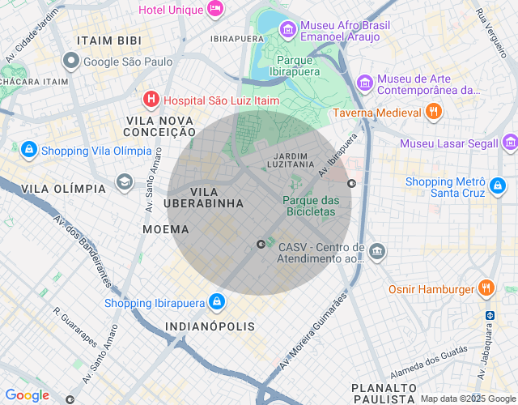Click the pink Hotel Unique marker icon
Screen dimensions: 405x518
215,9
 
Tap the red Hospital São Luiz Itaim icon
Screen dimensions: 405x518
151,100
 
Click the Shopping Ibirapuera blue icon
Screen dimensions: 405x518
216,303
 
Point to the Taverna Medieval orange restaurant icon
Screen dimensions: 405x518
433,112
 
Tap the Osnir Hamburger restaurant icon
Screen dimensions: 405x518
486,288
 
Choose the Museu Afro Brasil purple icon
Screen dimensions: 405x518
287,30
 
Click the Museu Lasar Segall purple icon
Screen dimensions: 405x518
509,143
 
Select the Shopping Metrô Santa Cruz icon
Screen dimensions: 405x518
497,187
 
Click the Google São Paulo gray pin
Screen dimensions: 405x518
71,61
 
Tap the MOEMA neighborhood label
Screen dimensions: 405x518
166,229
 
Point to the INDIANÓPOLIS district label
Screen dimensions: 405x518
210,326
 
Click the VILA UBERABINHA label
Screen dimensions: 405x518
203,197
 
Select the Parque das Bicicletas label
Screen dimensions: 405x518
310,206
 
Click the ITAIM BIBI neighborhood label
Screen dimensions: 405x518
109,40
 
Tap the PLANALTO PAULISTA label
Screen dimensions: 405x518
384,394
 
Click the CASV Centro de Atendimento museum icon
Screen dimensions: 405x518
376,251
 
